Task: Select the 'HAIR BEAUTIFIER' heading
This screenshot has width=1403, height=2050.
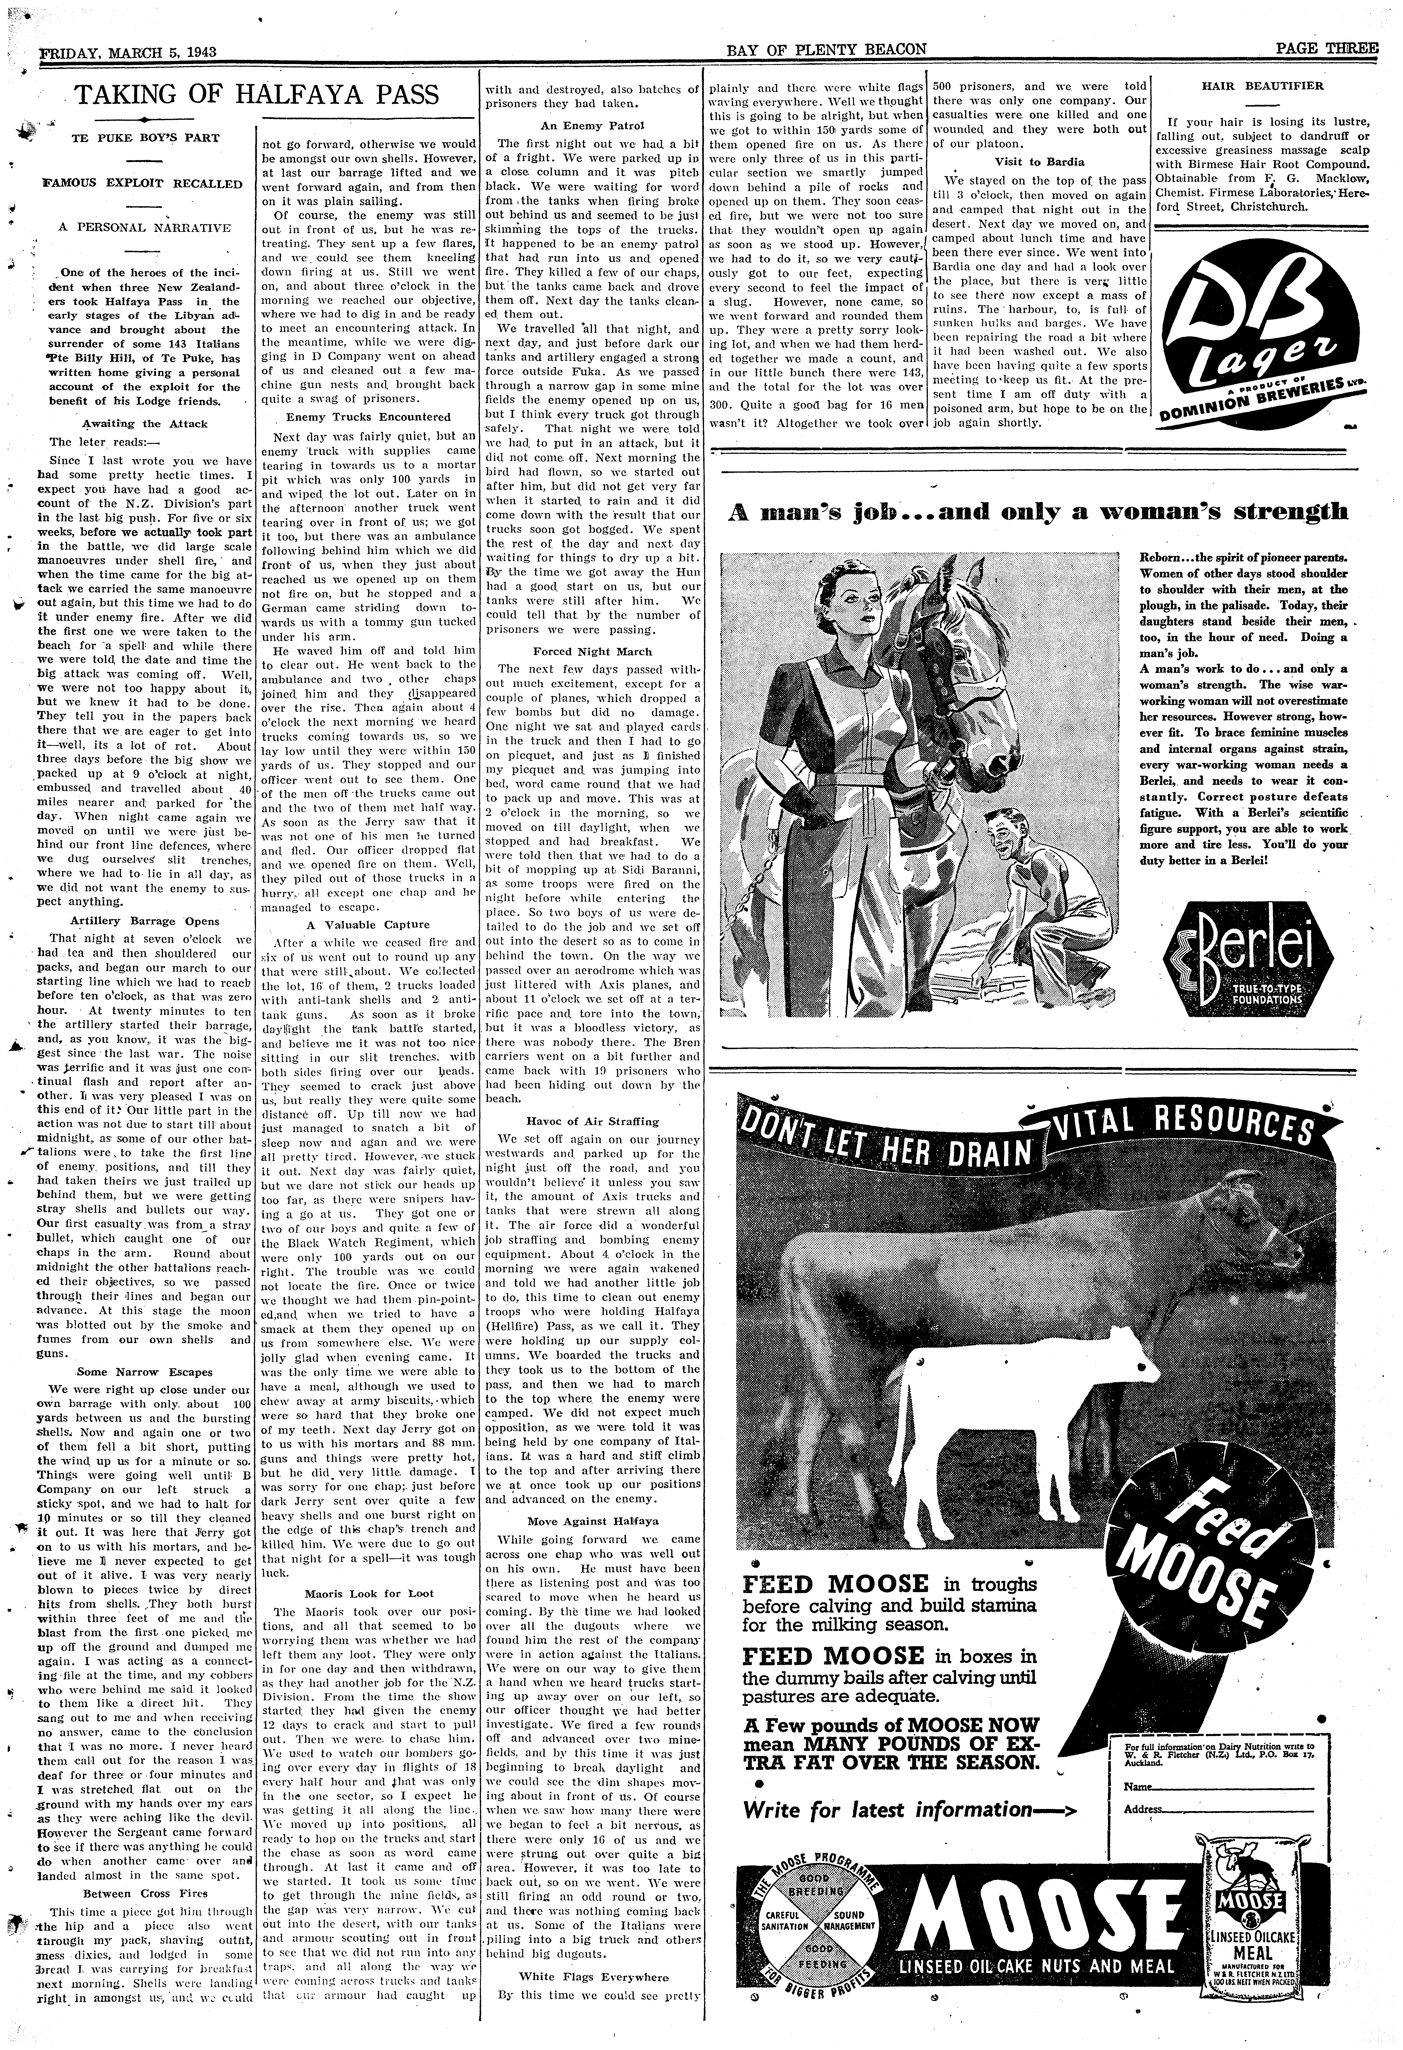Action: tap(1262, 86)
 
